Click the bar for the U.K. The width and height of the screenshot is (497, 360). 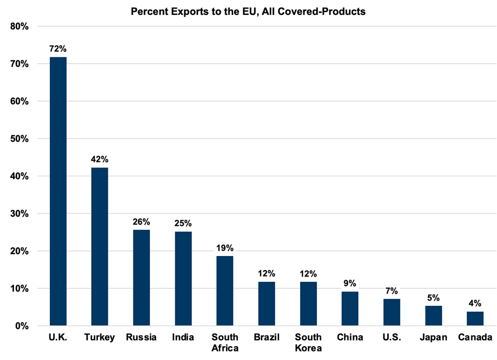pyautogui.click(x=58, y=191)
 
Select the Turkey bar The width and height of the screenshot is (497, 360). pyautogui.click(x=100, y=246)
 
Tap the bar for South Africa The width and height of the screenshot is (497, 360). pyautogui.click(x=225, y=290)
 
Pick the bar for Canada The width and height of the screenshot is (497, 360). pyautogui.click(x=475, y=319)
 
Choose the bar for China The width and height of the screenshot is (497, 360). pyautogui.click(x=350, y=308)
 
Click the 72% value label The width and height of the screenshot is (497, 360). pyautogui.click(x=58, y=49)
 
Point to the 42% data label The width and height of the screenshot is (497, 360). pyautogui.click(x=100, y=159)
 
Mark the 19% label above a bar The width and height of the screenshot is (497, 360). pyautogui.click(x=225, y=248)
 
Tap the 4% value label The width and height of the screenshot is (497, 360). pyautogui.click(x=475, y=303)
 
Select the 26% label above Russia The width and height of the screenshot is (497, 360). pyautogui.click(x=141, y=221)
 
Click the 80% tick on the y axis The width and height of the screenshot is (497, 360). pyautogui.click(x=19, y=27)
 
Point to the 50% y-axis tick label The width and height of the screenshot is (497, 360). pyautogui.click(x=19, y=139)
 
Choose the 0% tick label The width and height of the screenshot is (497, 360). pyautogui.click(x=21, y=326)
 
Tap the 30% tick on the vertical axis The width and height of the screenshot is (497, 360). pyautogui.click(x=19, y=213)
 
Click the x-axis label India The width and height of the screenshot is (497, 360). pyautogui.click(x=183, y=338)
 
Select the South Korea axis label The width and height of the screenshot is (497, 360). pyautogui.click(x=308, y=343)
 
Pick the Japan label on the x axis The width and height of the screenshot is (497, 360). pyautogui.click(x=433, y=338)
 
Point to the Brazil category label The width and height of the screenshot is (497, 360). pyautogui.click(x=267, y=338)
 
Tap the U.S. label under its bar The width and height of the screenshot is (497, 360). pyautogui.click(x=391, y=338)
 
